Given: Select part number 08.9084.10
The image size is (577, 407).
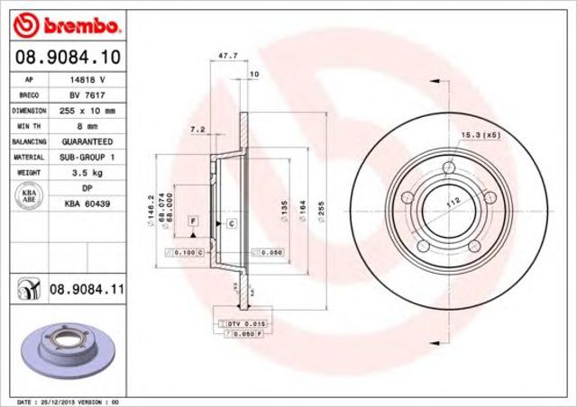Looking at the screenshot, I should [x=68, y=56].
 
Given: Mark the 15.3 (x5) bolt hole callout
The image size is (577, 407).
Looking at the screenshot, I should [x=481, y=135].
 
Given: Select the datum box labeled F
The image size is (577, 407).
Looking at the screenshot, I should [x=193, y=221].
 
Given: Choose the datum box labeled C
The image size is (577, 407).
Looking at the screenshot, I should [x=231, y=222].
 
